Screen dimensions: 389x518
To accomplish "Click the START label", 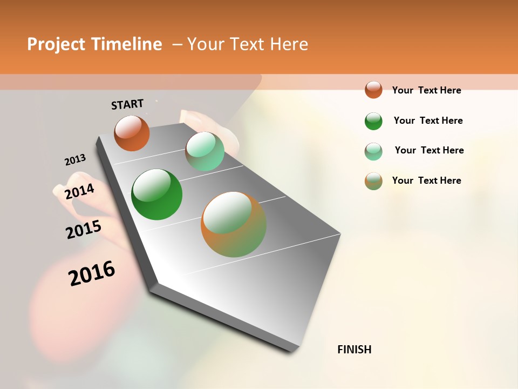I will (x=127, y=104).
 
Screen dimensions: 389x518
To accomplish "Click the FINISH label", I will (x=354, y=350).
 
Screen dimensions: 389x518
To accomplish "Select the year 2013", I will (x=75, y=160).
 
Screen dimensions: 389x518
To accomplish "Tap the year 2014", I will (x=79, y=192).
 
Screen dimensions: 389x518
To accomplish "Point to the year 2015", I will (x=84, y=230).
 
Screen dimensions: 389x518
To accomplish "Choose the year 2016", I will (x=92, y=273).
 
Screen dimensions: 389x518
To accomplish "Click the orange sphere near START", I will (x=132, y=133).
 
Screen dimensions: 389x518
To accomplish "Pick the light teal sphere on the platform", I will (x=205, y=151).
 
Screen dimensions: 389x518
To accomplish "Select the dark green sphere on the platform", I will (x=156, y=194).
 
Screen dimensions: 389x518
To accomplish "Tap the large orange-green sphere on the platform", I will (x=234, y=224).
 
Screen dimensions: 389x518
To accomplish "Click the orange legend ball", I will (x=373, y=90).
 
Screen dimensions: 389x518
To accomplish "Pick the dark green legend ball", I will (x=373, y=120).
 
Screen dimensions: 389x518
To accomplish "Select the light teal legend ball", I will (x=373, y=151).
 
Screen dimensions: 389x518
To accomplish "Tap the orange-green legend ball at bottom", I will (x=373, y=181).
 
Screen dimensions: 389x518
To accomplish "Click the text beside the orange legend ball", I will (x=426, y=90).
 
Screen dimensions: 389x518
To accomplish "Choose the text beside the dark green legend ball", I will (x=428, y=120).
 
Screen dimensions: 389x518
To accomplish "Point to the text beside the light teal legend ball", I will (x=429, y=150).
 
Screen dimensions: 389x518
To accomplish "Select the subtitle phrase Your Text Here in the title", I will (x=248, y=44).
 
